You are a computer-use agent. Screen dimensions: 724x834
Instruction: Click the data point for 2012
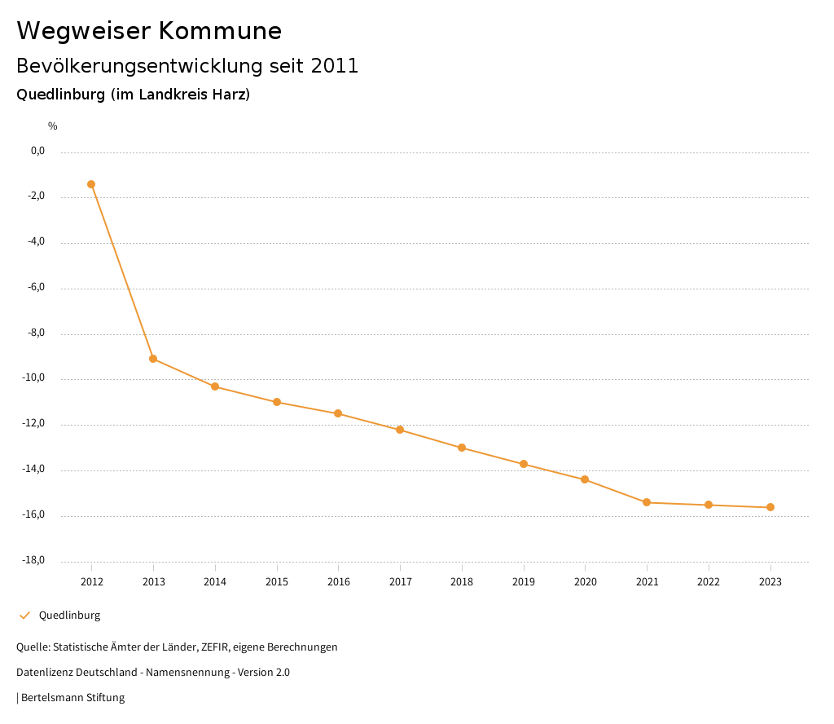pos(91,184)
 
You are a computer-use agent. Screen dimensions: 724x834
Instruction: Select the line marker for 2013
pos(153,359)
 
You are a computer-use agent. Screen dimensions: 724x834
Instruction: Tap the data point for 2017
pos(400,430)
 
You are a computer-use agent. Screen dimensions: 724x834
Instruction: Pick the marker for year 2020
pos(585,479)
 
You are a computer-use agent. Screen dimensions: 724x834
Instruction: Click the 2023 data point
pos(770,507)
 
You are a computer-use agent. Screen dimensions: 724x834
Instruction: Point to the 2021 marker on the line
pos(647,502)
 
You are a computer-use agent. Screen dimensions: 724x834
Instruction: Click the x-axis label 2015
pos(277,581)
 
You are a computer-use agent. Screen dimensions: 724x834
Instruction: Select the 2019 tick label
pos(524,581)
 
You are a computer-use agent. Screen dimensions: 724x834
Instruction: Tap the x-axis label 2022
pos(709,581)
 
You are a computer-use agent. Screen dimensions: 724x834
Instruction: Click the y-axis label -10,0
pos(33,378)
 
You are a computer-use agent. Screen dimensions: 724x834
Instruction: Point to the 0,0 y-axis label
pos(37,151)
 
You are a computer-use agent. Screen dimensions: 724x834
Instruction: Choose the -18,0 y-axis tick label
pos(33,560)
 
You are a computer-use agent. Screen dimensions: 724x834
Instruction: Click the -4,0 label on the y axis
pos(36,242)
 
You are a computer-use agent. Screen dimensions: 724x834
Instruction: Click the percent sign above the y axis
pos(53,126)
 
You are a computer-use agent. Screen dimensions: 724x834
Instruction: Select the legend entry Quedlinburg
pos(69,616)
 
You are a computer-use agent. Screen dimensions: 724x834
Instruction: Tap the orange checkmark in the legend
pos(24,616)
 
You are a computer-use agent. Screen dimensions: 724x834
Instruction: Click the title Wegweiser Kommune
pos(149,31)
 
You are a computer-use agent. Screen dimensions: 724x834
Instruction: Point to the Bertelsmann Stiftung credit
pos(72,698)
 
